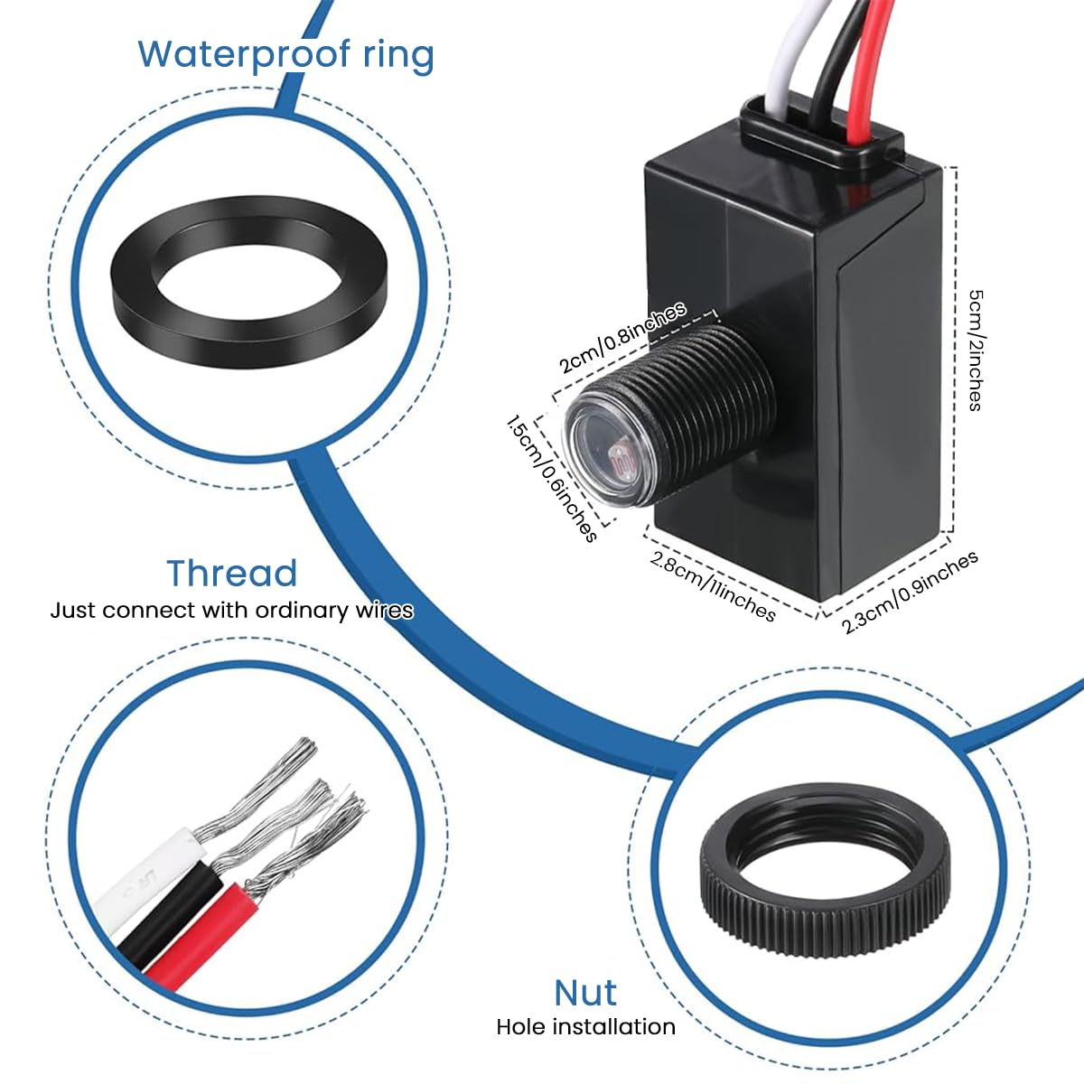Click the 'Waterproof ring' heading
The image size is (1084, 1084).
[x=285, y=54]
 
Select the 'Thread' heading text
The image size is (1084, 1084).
[x=231, y=574]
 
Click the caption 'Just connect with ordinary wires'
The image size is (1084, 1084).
[x=231, y=611]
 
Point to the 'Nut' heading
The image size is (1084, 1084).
[x=585, y=993]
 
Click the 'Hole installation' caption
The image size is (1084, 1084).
[x=585, y=1027]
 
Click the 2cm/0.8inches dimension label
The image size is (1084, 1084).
[x=622, y=337]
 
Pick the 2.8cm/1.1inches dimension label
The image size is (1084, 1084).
[x=713, y=586]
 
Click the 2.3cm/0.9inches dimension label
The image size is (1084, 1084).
[x=910, y=593]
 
